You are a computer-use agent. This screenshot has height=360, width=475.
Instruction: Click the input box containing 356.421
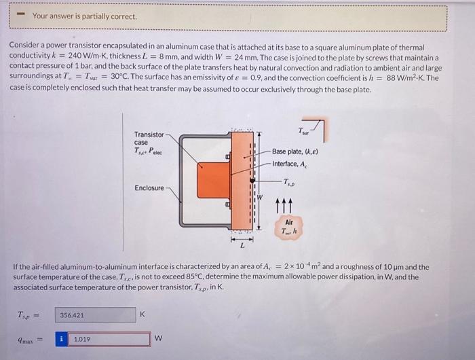(x=96, y=315)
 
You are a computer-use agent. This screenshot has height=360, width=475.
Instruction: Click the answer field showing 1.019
(x=109, y=339)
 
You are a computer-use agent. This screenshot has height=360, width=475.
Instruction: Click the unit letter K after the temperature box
(x=142, y=314)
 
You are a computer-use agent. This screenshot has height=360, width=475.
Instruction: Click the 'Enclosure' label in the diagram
(x=149, y=187)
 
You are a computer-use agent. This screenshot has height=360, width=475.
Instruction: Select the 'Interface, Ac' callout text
(x=293, y=164)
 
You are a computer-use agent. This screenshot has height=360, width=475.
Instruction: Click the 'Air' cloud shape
(x=289, y=226)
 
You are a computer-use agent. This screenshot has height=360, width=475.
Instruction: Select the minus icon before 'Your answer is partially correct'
(x=20, y=15)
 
